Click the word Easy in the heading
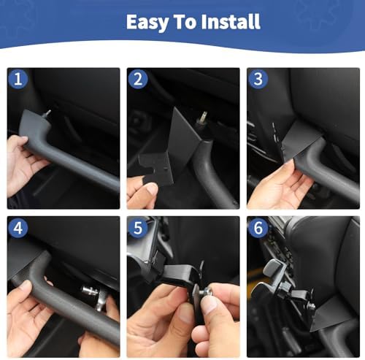coord(147,23)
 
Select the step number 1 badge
coord(18,79)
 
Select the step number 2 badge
coord(138,79)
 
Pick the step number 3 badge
coord(258,79)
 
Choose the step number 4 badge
coord(18,228)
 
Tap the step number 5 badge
coord(138,228)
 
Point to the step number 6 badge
coord(258,228)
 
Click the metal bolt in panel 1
coord(47,114)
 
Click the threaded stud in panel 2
coord(204,118)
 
